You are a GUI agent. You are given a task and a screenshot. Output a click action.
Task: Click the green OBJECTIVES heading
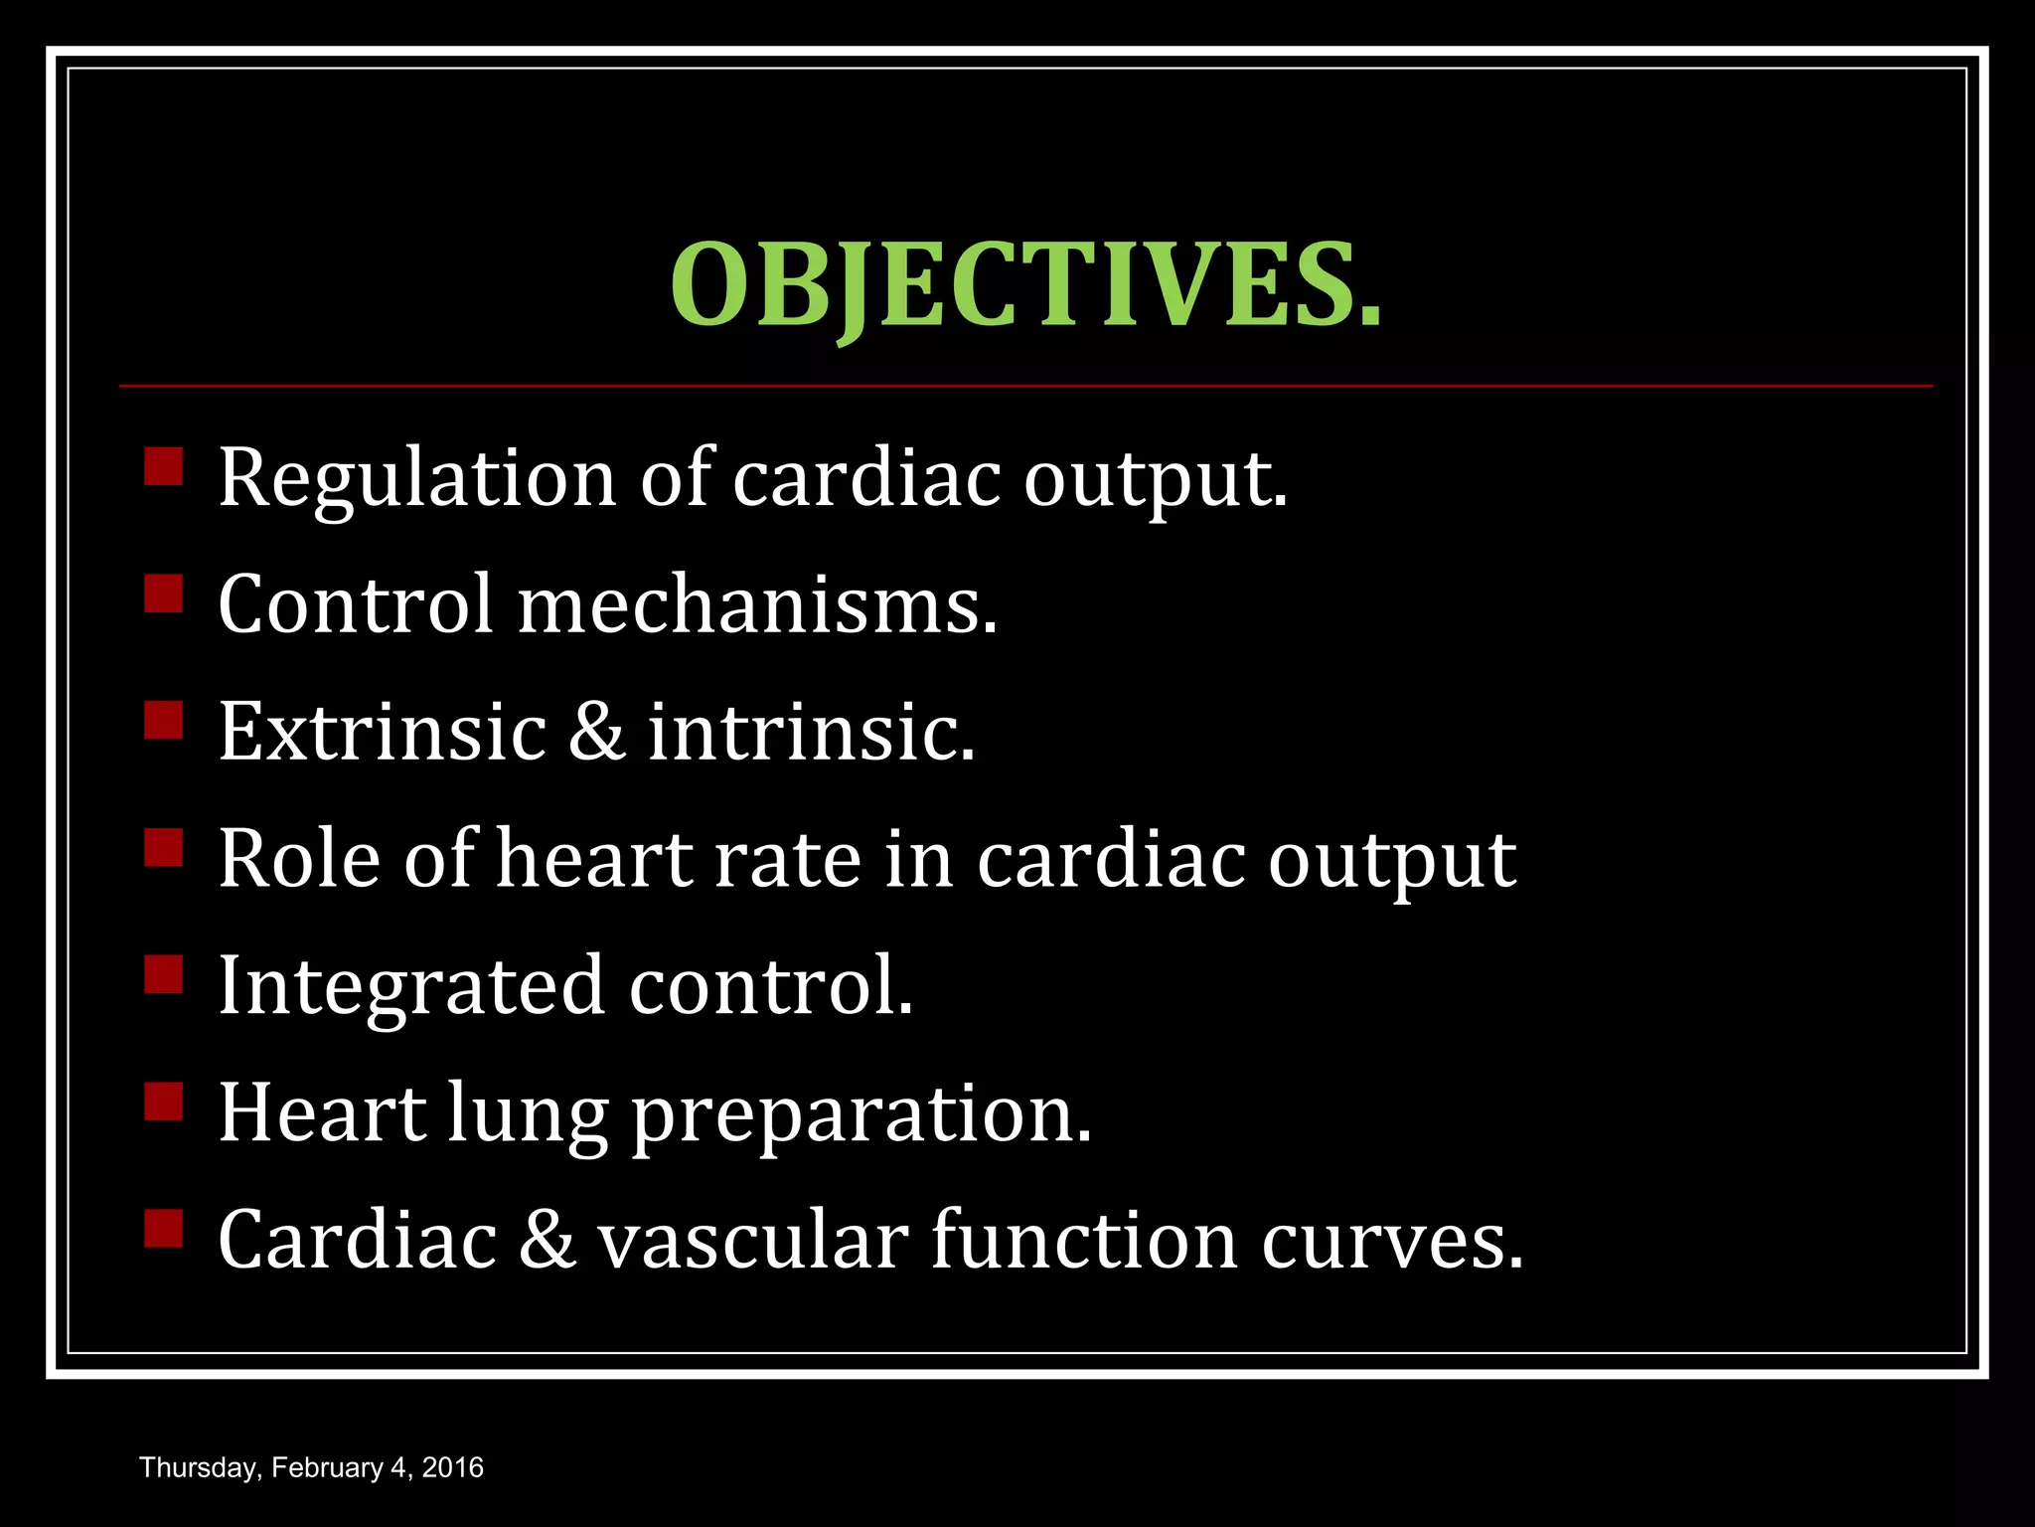tap(1025, 285)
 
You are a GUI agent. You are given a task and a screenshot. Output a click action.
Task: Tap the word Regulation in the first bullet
tap(417, 478)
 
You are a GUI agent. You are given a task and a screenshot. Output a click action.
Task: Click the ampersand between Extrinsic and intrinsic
tap(597, 732)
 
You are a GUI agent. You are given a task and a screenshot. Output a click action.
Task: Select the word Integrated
tap(410, 986)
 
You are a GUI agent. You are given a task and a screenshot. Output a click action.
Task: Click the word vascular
tap(753, 1241)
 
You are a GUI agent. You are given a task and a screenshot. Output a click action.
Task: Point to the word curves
tap(1392, 1241)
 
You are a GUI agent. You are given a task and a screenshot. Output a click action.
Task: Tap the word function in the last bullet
tap(1084, 1241)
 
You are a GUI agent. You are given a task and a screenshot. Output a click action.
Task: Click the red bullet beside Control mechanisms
tap(164, 594)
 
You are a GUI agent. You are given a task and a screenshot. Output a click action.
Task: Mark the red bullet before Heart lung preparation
tap(164, 1102)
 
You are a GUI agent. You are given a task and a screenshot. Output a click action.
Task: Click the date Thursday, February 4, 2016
tap(311, 1468)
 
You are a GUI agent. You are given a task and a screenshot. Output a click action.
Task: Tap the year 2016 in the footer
tap(453, 1468)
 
